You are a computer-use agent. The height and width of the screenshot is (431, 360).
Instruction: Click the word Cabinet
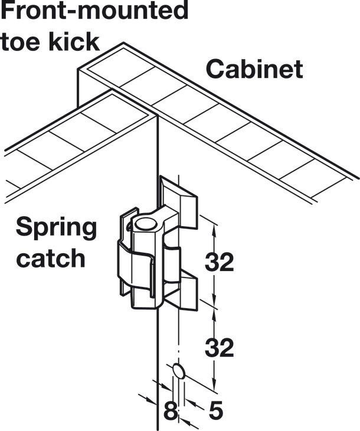[x=254, y=69]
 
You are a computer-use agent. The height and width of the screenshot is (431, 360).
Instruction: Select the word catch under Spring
[x=51, y=258]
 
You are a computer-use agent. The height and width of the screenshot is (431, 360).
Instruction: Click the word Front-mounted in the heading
[x=94, y=12]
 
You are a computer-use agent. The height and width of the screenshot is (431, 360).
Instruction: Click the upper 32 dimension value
[x=219, y=262]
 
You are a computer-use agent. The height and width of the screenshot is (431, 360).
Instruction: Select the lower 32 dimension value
[x=219, y=348]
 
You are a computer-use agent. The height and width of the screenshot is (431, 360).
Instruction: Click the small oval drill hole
[x=179, y=371]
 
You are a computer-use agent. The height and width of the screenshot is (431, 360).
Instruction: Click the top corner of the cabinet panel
[x=123, y=44]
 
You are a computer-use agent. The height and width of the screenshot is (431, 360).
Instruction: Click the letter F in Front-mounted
[x=8, y=11]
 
